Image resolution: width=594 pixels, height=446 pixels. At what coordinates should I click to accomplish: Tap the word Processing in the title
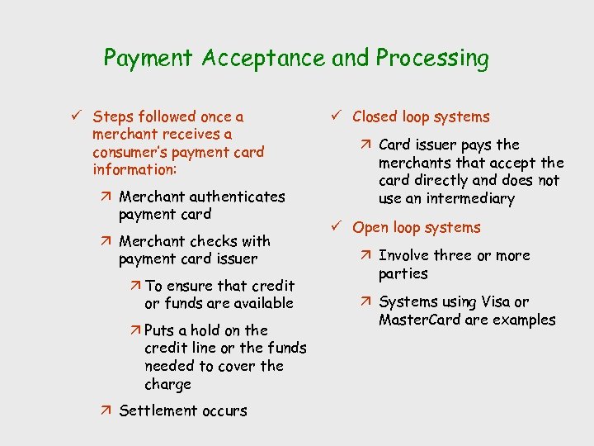431,59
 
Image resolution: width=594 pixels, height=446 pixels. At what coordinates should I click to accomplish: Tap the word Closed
377,117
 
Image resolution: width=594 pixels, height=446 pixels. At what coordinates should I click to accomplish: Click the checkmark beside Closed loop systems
336,117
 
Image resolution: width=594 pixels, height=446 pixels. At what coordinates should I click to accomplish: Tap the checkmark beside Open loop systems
336,227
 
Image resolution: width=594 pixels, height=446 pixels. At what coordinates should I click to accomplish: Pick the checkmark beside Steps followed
77,117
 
